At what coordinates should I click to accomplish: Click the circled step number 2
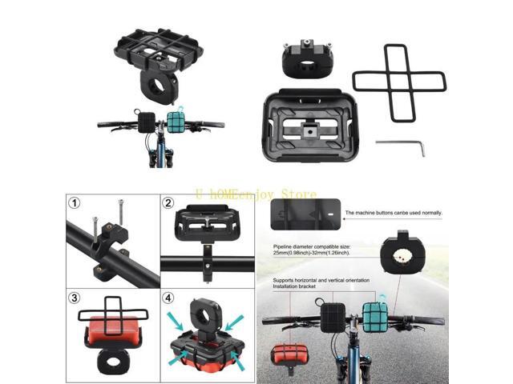tap(168, 203)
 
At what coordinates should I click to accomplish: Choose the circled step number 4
tap(168, 298)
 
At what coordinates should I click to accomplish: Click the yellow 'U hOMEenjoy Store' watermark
tap(256, 194)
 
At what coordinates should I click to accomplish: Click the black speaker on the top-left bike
tap(146, 122)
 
